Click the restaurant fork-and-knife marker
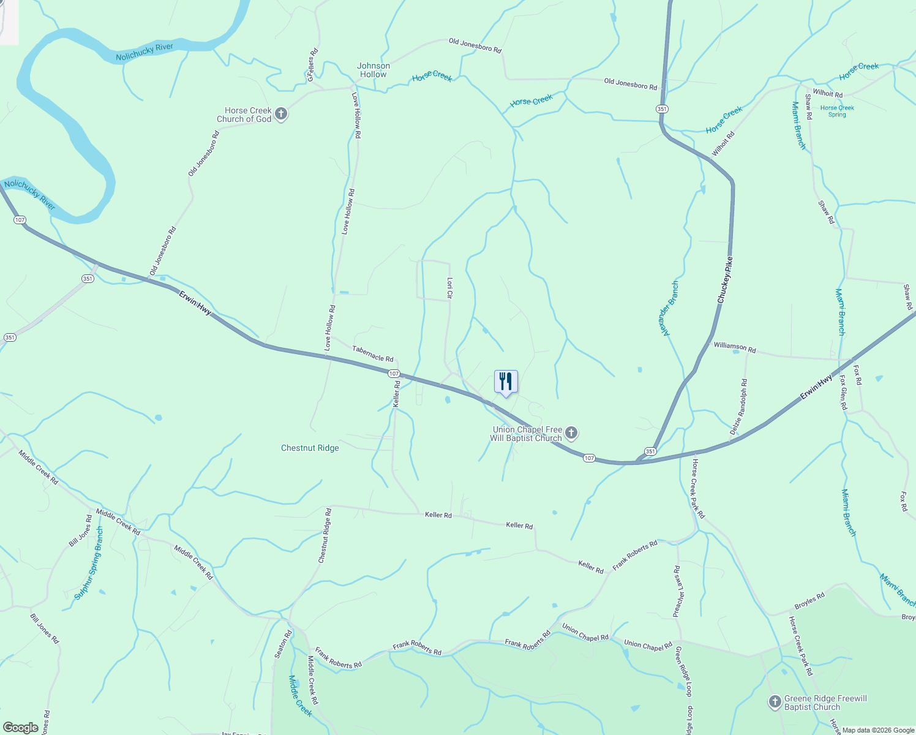tap(506, 382)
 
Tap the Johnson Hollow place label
tap(374, 70)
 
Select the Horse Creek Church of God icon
tap(281, 114)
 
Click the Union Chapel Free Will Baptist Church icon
tap(571, 434)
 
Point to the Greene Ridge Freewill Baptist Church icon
tap(775, 702)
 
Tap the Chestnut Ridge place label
tap(310, 448)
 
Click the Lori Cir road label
tap(449, 288)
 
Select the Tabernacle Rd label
tap(373, 353)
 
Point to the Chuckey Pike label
tap(725, 280)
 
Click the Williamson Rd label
tap(735, 347)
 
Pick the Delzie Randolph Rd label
tap(739, 407)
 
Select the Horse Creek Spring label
tap(837, 111)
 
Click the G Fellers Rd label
tap(312, 65)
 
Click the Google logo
tap(21, 728)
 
